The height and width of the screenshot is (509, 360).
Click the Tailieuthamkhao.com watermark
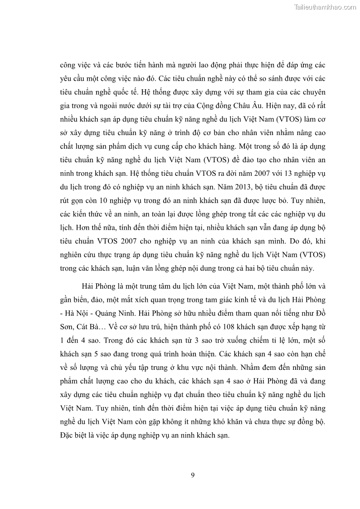[326, 7]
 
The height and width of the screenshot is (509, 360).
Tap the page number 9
[193, 475]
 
